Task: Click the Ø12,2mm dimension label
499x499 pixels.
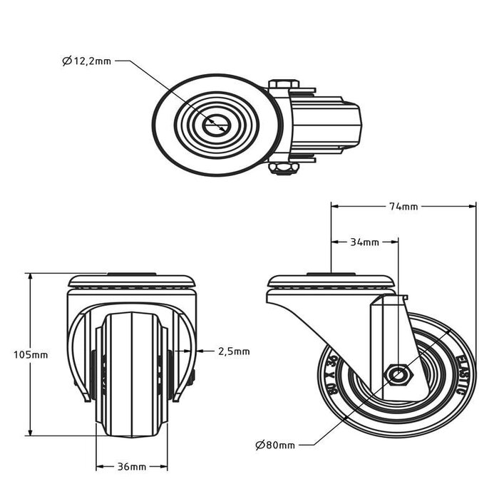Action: [86, 62]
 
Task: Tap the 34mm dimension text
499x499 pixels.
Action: [364, 242]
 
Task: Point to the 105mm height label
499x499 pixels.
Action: [31, 354]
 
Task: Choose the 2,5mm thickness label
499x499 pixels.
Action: [233, 351]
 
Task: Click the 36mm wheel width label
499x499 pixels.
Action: [131, 467]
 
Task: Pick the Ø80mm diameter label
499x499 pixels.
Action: [274, 446]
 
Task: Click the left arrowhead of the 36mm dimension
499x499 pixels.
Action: [99, 467]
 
